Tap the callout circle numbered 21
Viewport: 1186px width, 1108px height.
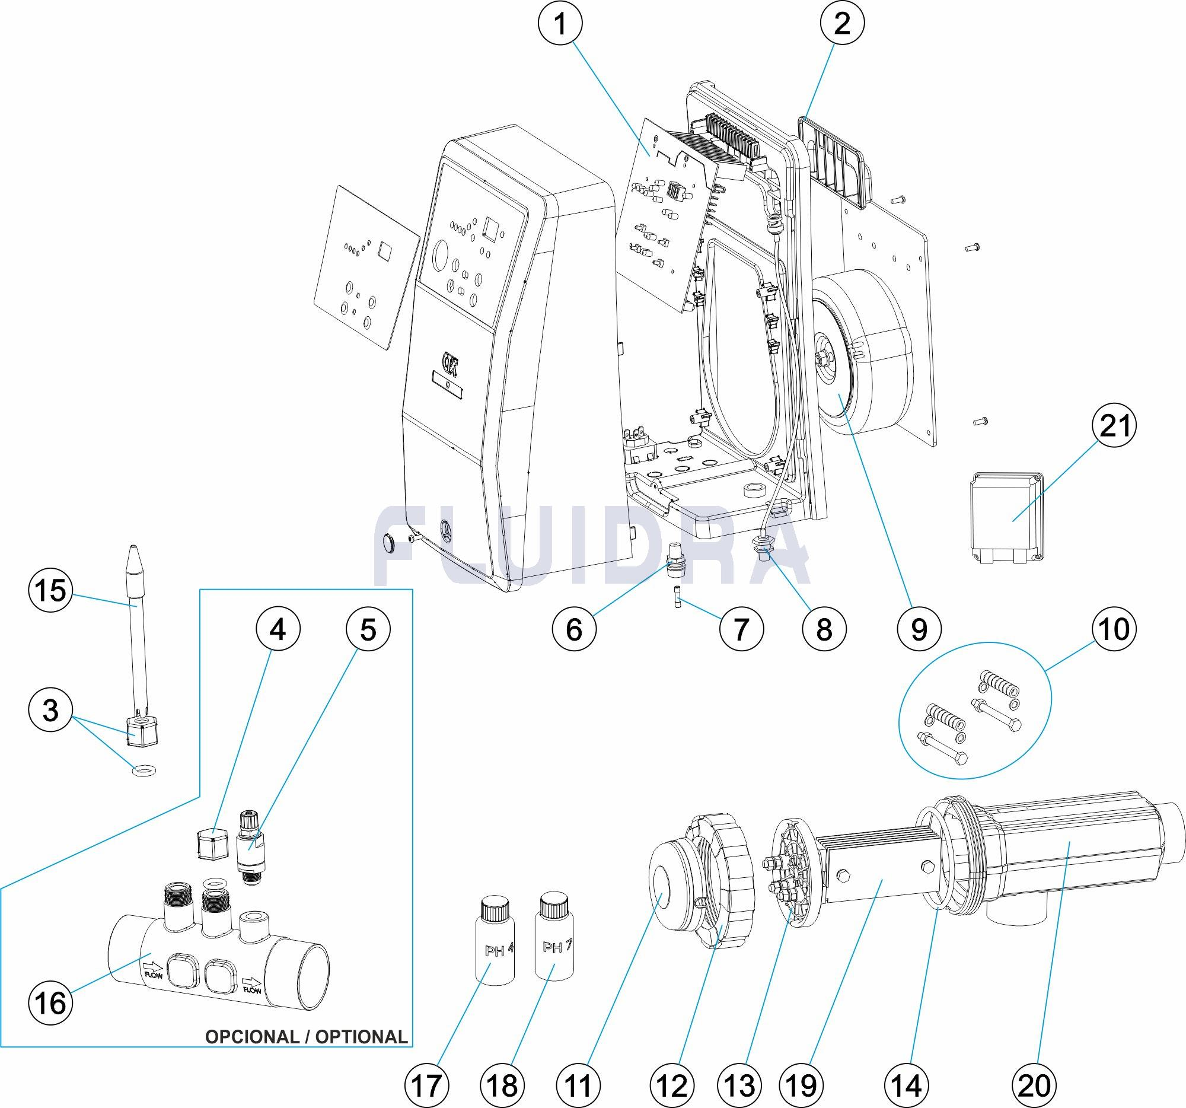tap(1114, 426)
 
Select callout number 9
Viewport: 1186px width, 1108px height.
tap(919, 629)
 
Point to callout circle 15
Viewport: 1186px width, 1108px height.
tap(51, 592)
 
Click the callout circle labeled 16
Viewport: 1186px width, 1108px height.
tap(51, 1002)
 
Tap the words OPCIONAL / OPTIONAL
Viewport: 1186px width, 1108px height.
tap(306, 1037)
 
